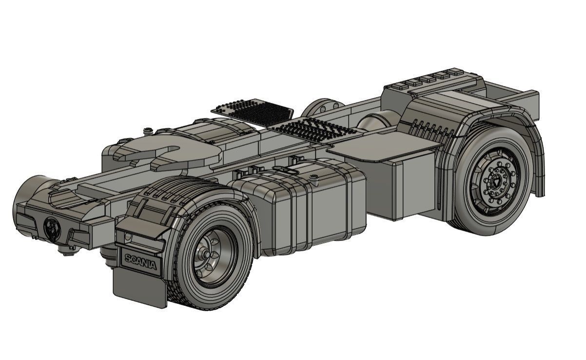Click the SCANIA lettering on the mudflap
click(141, 262)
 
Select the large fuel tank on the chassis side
click(302, 205)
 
